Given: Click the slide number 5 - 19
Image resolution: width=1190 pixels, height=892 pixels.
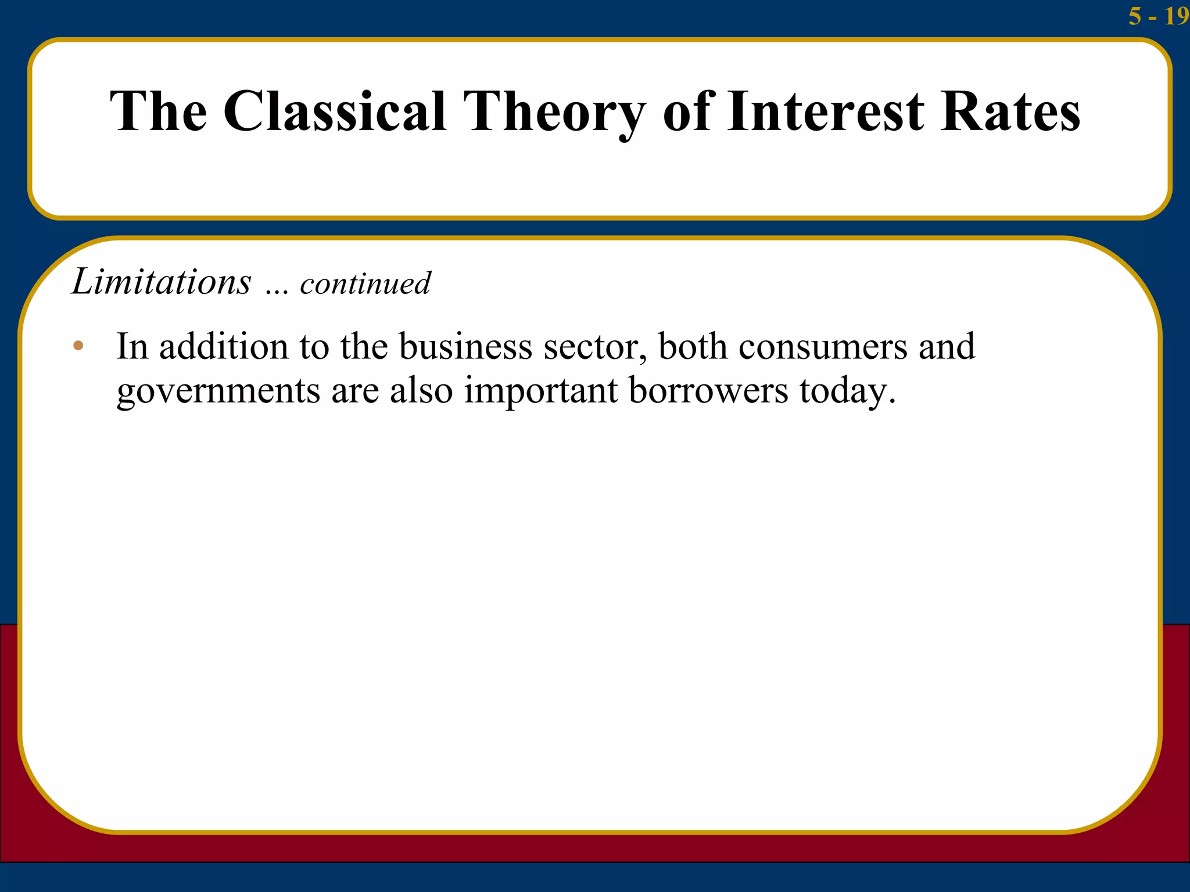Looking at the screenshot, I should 1157,16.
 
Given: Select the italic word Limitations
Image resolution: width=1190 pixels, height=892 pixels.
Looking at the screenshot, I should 162,282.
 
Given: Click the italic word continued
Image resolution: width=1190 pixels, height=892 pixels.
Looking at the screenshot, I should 365,283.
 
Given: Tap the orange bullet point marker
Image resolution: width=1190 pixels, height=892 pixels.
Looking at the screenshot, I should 78,346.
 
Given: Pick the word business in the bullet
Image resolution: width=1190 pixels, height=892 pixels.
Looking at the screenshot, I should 465,347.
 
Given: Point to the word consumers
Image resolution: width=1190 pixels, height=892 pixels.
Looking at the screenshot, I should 822,347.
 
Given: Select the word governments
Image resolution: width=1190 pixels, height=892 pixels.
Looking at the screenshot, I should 218,391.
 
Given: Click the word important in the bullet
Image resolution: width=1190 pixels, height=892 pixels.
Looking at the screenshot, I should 540,391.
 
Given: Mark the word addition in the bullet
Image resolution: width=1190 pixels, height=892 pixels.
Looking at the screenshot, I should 224,347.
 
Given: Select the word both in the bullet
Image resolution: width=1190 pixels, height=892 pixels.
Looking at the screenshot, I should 692,347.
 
